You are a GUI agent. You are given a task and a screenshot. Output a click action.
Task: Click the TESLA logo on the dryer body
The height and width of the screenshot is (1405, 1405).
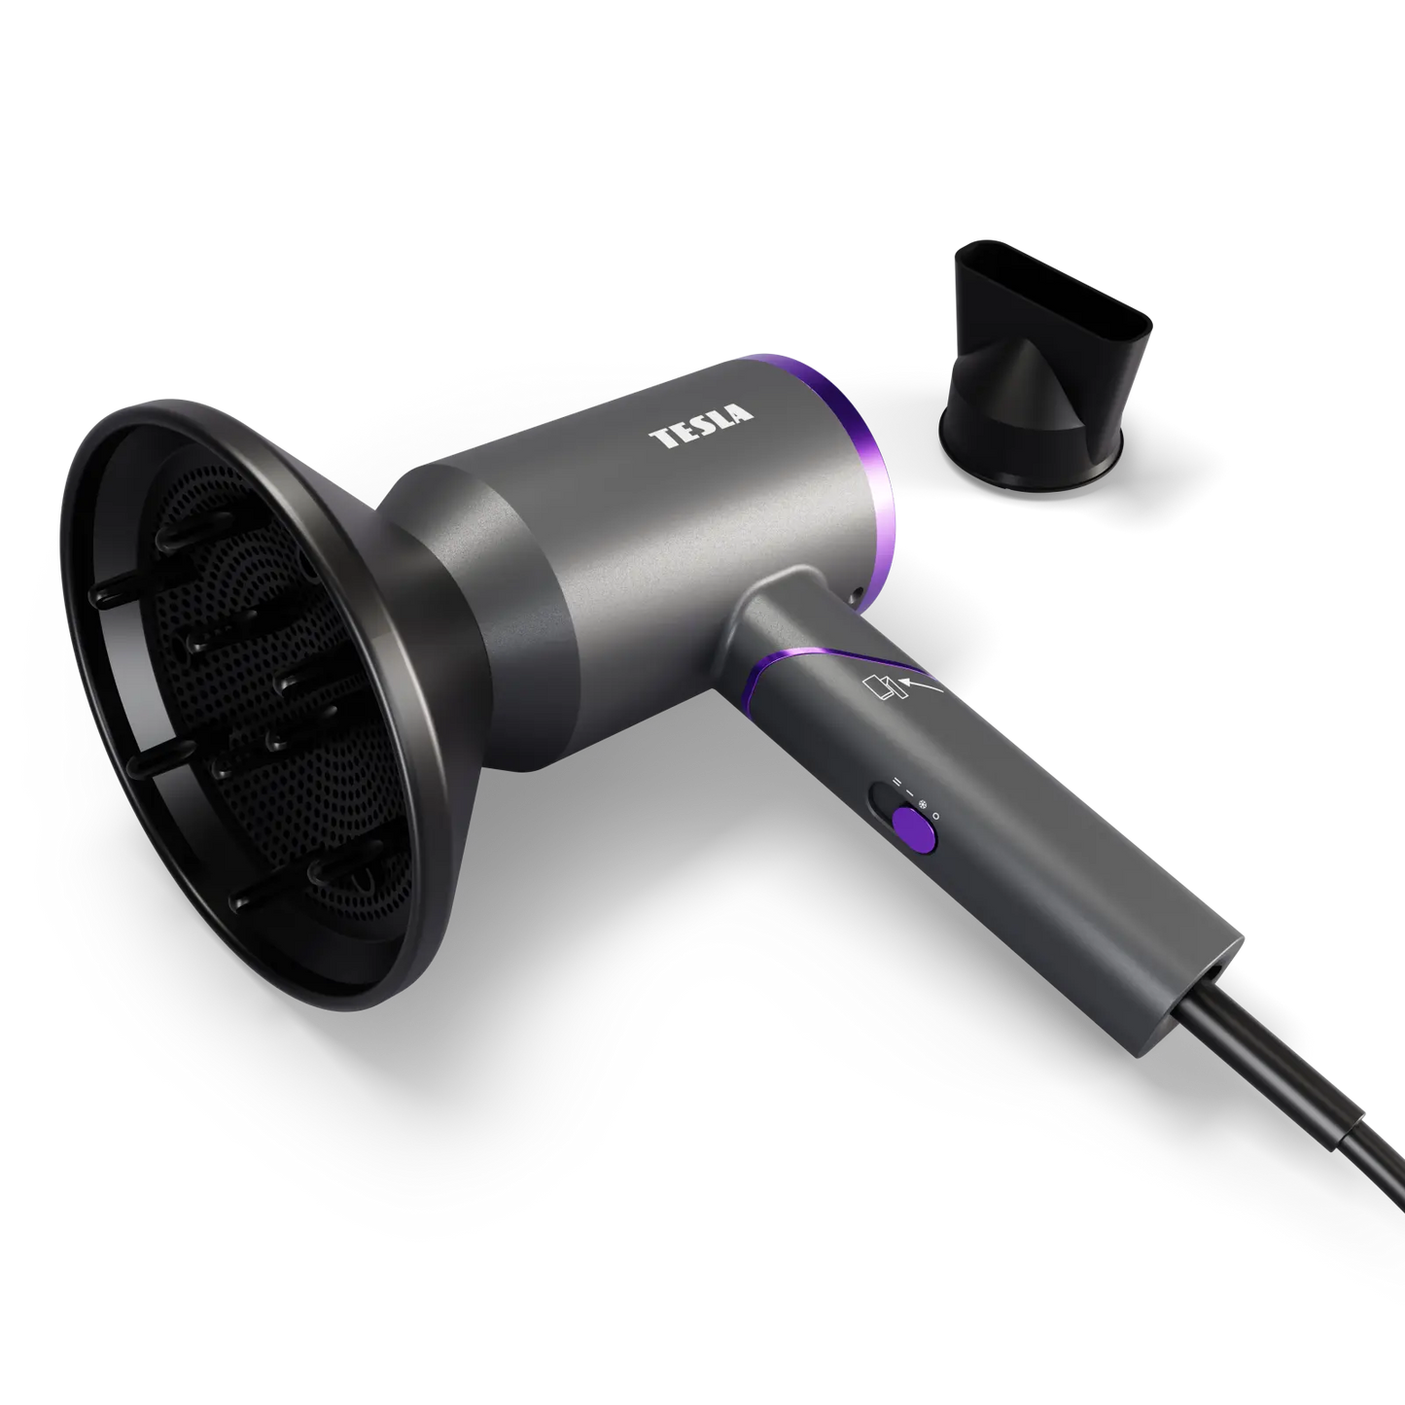tap(701, 427)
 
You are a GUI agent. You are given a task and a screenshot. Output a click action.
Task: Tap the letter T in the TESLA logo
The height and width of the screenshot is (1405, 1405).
tap(662, 439)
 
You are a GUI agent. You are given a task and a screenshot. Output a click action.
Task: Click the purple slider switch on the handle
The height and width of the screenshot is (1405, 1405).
tap(915, 828)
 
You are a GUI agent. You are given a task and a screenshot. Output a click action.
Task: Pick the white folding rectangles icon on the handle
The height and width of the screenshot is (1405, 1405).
tap(880, 688)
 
